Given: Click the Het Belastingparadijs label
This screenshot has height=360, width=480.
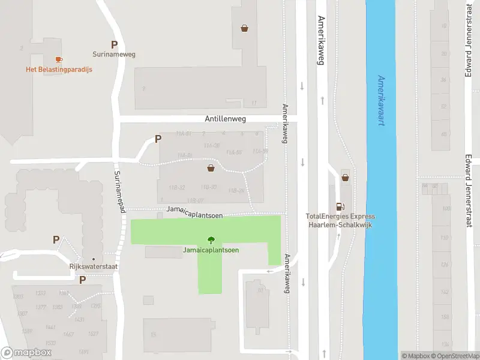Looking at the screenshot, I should click(x=59, y=69).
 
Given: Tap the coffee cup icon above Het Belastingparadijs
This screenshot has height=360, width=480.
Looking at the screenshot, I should click(x=59, y=59).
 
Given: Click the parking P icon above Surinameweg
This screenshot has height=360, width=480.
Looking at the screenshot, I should click(x=114, y=44).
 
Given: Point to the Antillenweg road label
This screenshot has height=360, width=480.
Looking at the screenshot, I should click(x=226, y=119).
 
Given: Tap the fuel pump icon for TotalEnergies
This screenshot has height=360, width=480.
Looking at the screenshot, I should click(x=340, y=206).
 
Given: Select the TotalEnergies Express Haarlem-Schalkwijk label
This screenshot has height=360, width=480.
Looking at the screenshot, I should click(x=340, y=220).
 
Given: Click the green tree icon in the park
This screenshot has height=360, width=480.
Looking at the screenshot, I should click(x=211, y=241).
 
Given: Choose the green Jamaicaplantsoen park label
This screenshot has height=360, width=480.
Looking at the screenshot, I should click(x=211, y=250).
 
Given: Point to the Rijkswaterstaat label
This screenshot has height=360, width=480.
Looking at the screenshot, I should click(x=92, y=267).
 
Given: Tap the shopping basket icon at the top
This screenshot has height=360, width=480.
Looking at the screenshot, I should click(x=245, y=28).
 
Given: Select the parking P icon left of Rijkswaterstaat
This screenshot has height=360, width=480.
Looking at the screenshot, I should click(x=56, y=240).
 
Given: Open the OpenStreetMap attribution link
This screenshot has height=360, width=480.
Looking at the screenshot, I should click(x=456, y=356).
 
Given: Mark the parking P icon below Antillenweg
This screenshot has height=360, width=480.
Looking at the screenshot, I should click(x=158, y=139).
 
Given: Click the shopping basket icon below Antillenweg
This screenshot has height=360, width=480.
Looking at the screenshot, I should click(x=211, y=167).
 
